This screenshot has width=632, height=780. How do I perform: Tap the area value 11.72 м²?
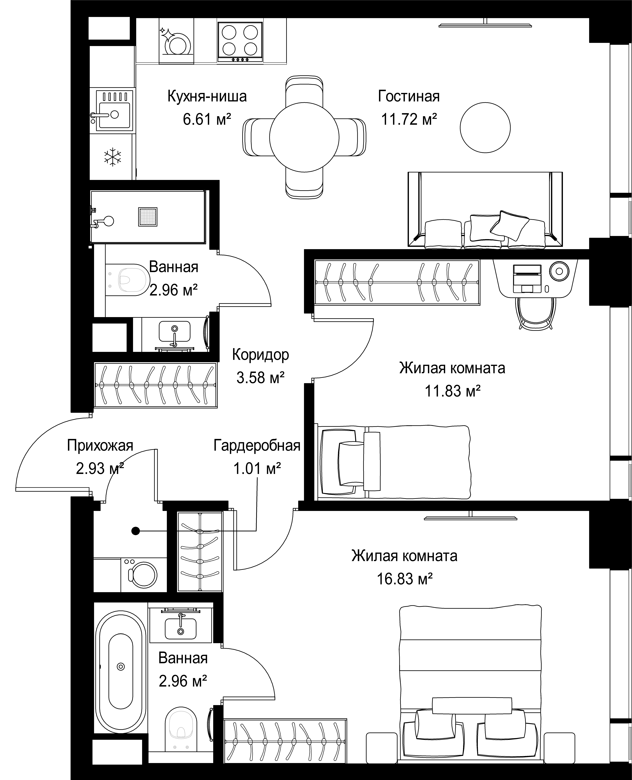tap(409, 119)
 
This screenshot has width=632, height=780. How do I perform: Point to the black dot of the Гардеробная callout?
tap(135, 531)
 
